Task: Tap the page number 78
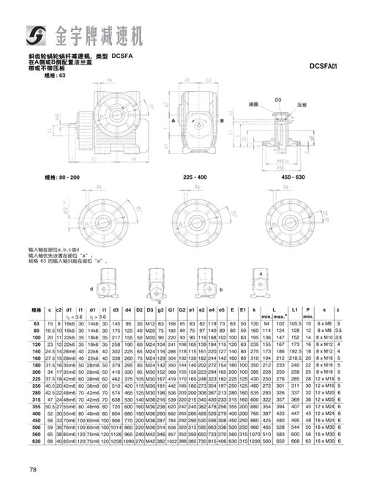point(33,470)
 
